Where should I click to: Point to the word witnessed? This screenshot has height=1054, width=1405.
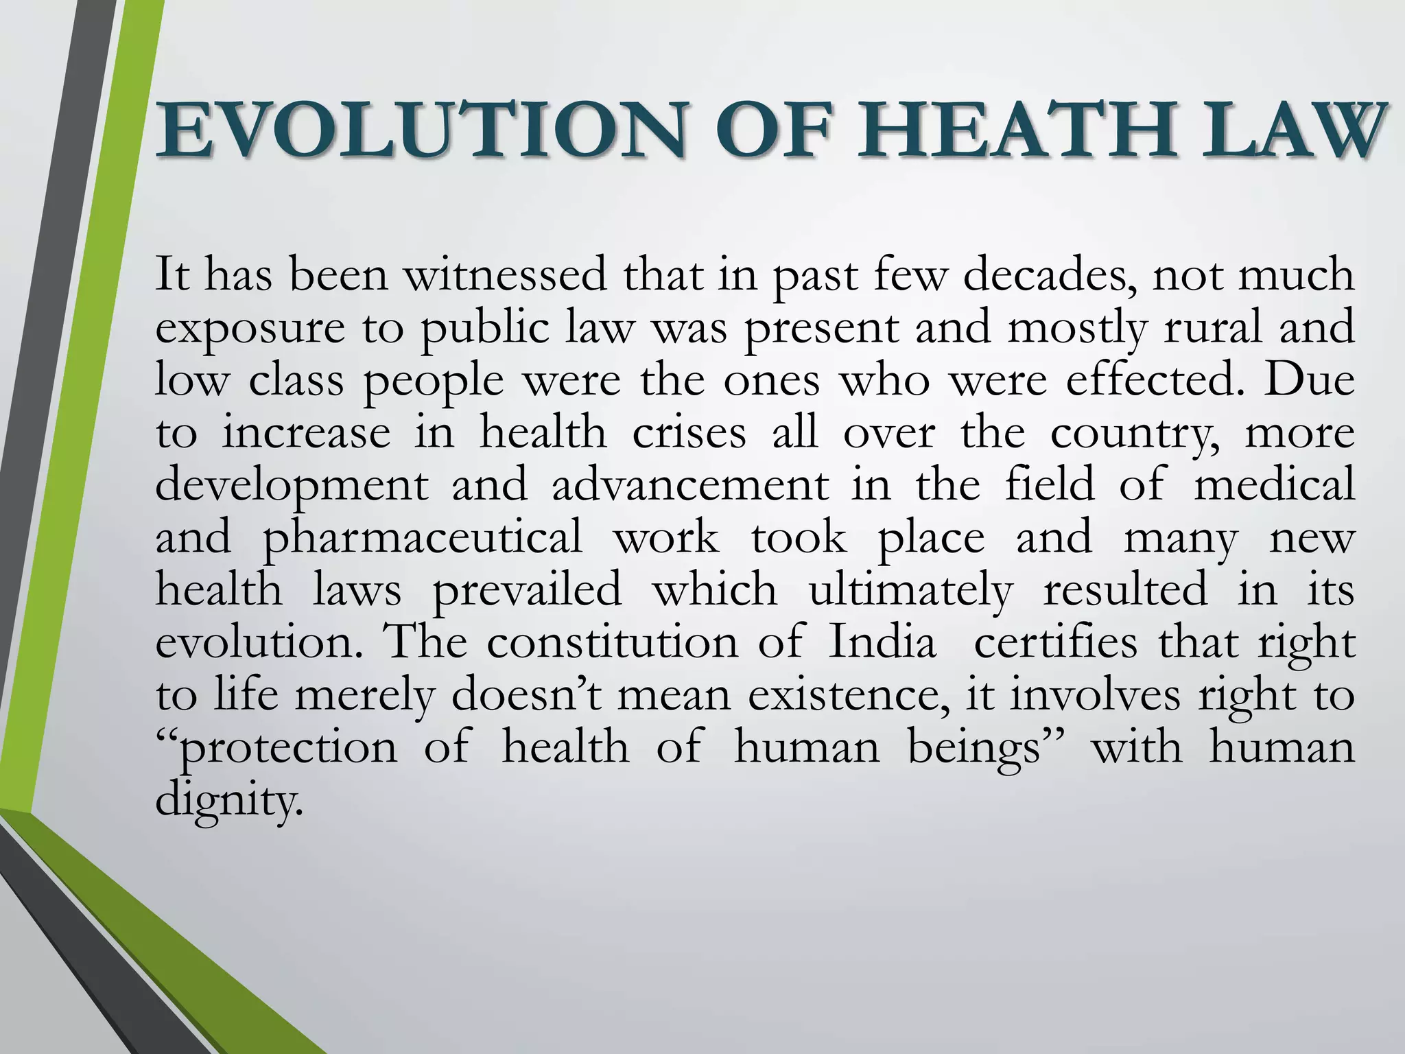tap(505, 274)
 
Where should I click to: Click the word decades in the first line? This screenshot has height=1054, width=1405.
tap(1050, 274)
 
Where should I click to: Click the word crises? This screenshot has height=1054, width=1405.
tap(689, 433)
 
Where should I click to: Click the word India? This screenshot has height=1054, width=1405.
tap(882, 643)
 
